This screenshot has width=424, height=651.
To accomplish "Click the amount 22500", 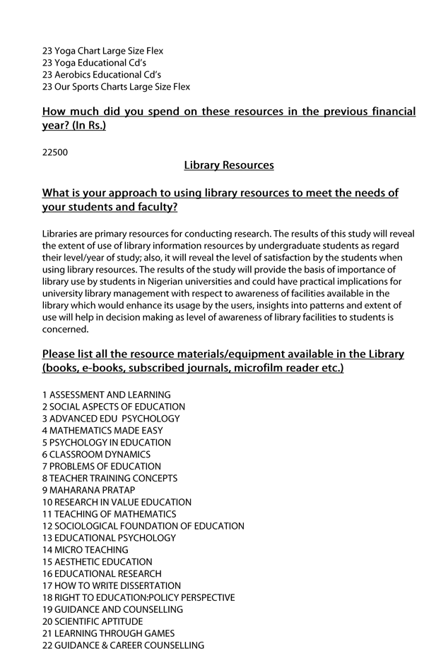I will pos(55,152).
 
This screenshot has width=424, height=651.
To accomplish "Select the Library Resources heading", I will pos(228,165).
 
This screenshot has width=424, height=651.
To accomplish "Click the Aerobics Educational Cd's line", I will pos(102,74).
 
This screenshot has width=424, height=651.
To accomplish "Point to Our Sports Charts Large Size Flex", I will pos(116,86).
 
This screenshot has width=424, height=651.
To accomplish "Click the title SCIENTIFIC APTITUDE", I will pos(98,621).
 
